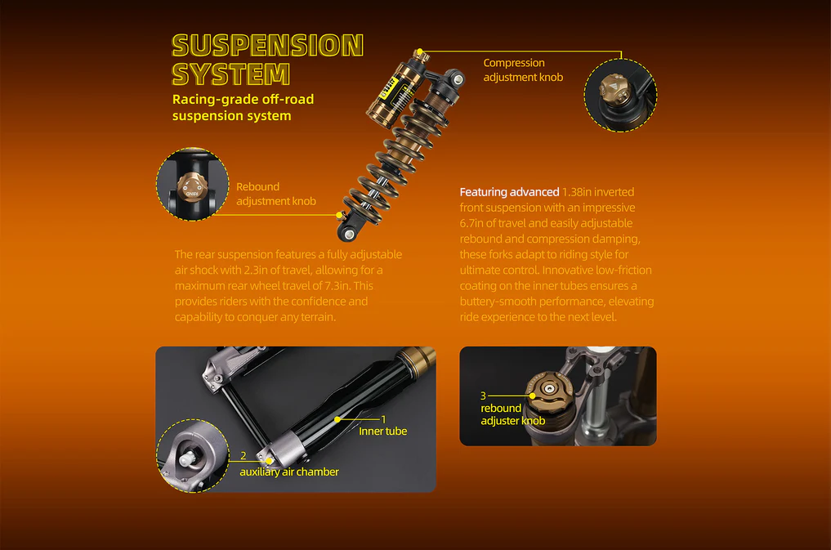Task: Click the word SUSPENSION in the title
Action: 267,46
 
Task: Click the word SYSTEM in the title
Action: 230,74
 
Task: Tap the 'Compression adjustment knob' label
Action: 523,69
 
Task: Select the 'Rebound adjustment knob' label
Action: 275,194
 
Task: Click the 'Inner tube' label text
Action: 382,431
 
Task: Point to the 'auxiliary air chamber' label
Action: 288,472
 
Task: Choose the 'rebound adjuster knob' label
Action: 512,414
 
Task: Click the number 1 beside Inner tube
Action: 383,418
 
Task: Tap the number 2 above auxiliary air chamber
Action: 243,456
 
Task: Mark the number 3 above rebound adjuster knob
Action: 483,396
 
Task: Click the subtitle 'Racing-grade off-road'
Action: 243,100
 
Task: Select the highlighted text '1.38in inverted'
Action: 598,192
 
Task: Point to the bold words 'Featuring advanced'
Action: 509,192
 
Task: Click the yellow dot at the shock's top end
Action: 419,51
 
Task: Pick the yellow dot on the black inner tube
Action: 337,418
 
